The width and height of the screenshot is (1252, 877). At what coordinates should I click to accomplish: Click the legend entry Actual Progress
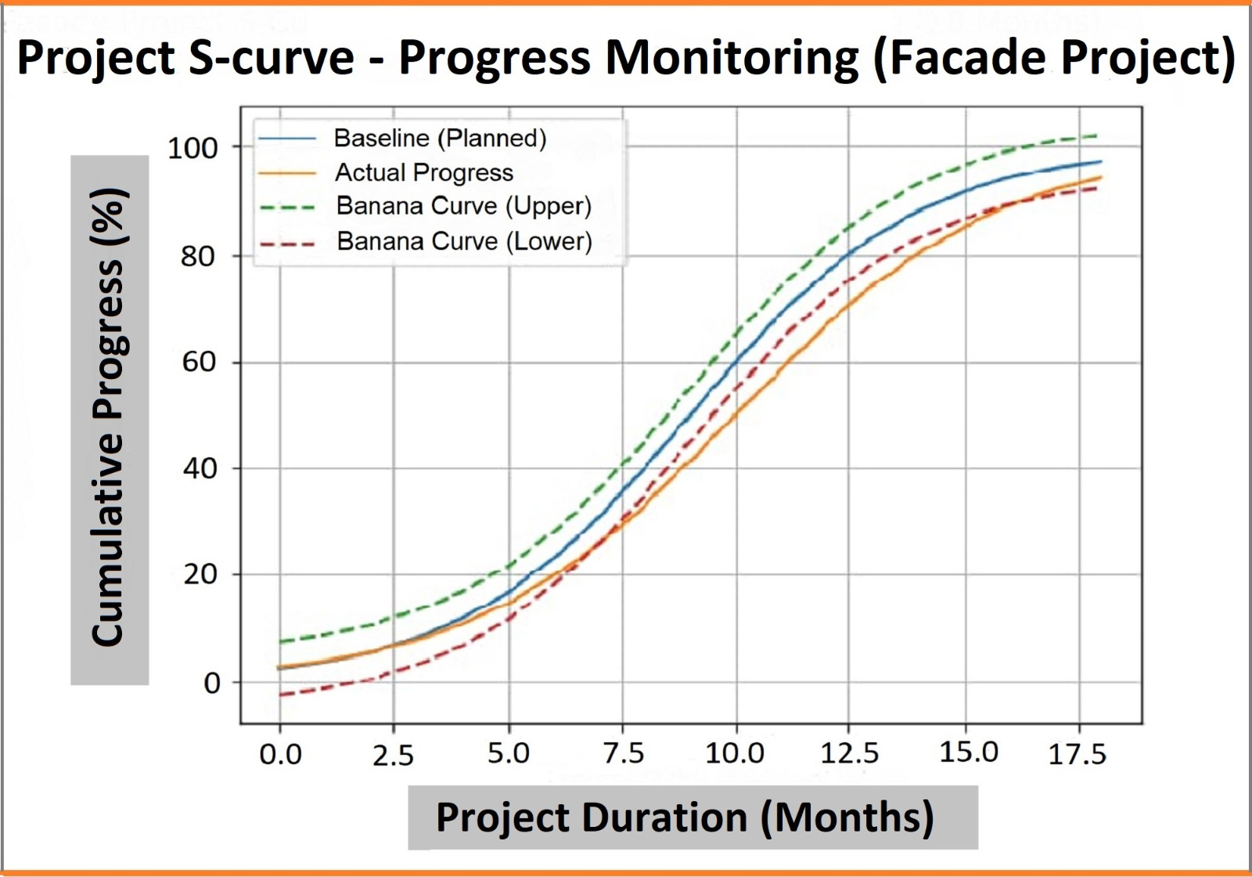[x=424, y=172]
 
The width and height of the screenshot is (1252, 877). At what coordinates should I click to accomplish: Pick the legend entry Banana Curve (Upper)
[x=463, y=206]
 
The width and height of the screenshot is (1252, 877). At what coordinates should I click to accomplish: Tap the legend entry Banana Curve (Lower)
[x=464, y=241]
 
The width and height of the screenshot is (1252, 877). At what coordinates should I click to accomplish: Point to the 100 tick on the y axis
[x=192, y=148]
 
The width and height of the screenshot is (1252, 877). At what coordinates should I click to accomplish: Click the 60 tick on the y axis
[x=199, y=363]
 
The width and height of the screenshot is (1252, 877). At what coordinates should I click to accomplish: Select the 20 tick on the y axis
[x=199, y=575]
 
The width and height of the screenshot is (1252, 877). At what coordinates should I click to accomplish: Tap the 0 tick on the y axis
[x=211, y=683]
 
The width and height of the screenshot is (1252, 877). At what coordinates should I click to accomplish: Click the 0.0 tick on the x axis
[x=280, y=755]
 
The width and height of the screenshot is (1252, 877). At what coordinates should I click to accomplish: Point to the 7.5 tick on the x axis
[x=624, y=754]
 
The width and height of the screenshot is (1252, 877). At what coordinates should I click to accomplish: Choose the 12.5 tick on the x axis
[x=850, y=754]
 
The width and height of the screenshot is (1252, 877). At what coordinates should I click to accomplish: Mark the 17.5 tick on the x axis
[x=1078, y=755]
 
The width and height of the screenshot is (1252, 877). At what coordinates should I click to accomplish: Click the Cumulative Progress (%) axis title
[x=110, y=419]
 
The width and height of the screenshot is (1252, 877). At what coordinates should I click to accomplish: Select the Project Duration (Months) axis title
[x=685, y=817]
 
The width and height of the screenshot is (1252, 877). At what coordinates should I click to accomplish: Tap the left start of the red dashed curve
[x=280, y=695]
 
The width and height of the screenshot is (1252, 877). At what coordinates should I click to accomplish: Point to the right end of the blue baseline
[x=1101, y=162]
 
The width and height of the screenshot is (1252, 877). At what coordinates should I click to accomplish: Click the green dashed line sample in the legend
[x=286, y=208]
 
